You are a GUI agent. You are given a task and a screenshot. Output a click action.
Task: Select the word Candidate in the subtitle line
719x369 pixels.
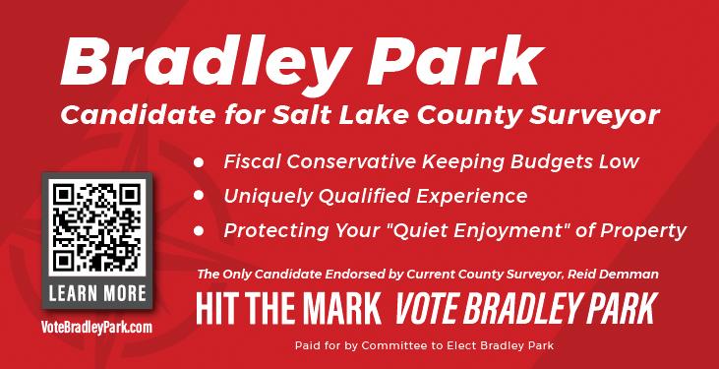point(138,115)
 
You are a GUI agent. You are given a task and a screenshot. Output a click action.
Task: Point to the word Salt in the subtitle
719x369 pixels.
point(294,115)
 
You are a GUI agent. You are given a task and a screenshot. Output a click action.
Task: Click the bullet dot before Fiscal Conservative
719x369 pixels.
point(199,162)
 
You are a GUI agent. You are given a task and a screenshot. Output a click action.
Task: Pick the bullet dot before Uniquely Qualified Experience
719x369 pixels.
point(199,196)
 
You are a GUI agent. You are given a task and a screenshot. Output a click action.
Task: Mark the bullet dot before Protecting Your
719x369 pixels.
point(199,230)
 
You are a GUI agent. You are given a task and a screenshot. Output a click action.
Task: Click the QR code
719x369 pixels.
point(97,227)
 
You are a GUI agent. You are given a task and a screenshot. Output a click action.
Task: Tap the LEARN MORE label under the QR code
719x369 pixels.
point(97,293)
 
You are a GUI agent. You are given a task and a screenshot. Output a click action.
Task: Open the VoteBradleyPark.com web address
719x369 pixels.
point(96,328)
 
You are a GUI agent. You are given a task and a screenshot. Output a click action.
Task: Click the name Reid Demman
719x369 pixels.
point(613,275)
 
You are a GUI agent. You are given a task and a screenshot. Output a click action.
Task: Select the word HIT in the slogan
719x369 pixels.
point(212,309)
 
